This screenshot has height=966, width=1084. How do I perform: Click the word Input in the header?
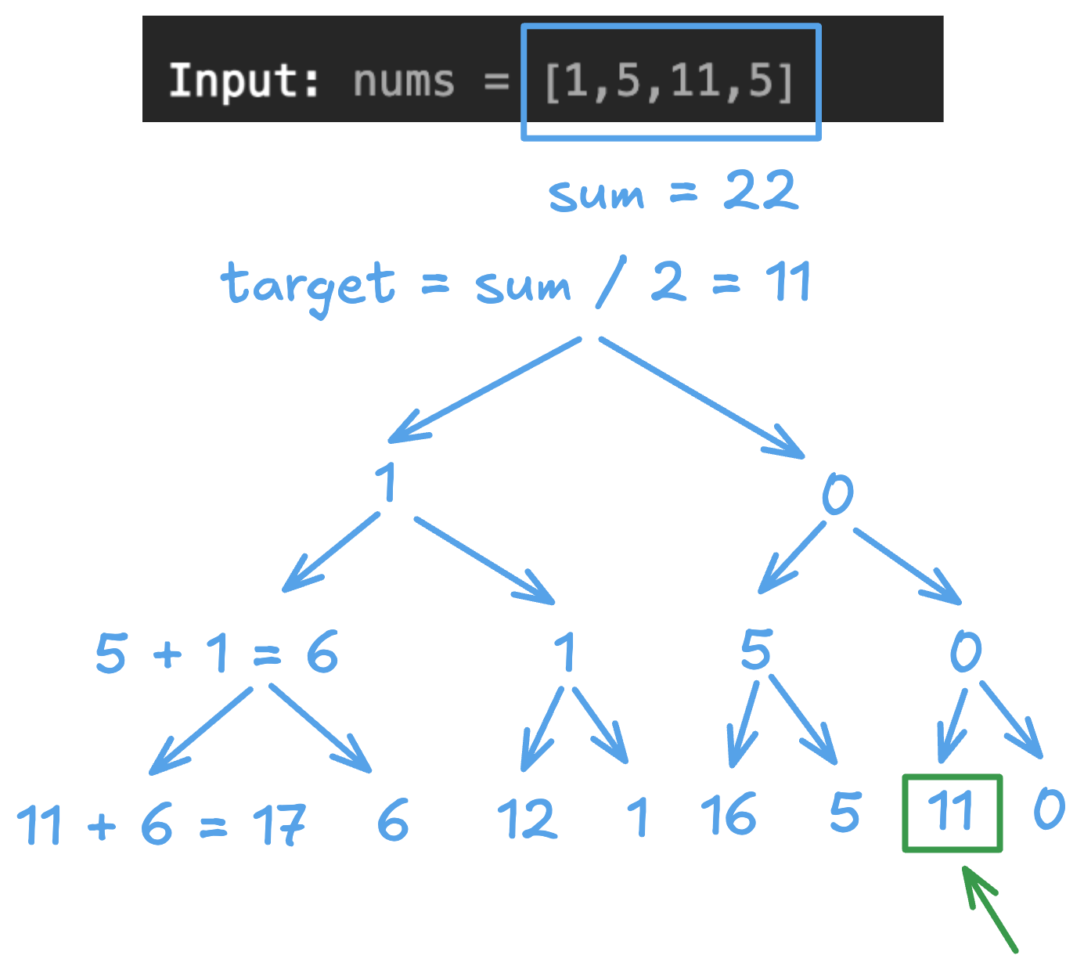[x=243, y=81]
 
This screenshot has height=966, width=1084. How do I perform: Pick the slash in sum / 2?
[x=610, y=282]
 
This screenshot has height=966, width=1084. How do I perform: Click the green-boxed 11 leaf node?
[x=952, y=813]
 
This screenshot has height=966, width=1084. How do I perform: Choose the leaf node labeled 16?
[x=728, y=814]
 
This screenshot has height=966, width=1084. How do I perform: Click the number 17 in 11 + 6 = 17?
[x=279, y=825]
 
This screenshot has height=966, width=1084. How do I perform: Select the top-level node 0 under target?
[x=837, y=495]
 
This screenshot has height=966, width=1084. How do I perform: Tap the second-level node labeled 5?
[x=756, y=650]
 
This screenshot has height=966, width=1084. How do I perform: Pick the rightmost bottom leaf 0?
[x=1049, y=809]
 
